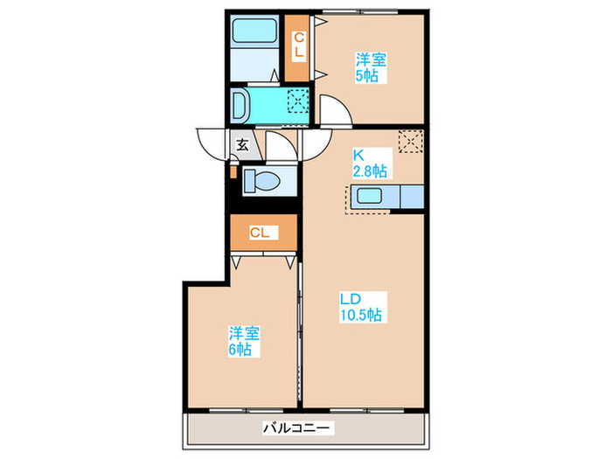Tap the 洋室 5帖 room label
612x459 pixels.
tap(372, 67)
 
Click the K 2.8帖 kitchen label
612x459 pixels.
tap(370, 163)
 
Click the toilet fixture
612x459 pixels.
tap(261, 182)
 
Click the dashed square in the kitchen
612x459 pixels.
tap(410, 140)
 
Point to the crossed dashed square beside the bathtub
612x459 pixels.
tap(298, 105)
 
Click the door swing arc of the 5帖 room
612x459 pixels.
tap(332, 112)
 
